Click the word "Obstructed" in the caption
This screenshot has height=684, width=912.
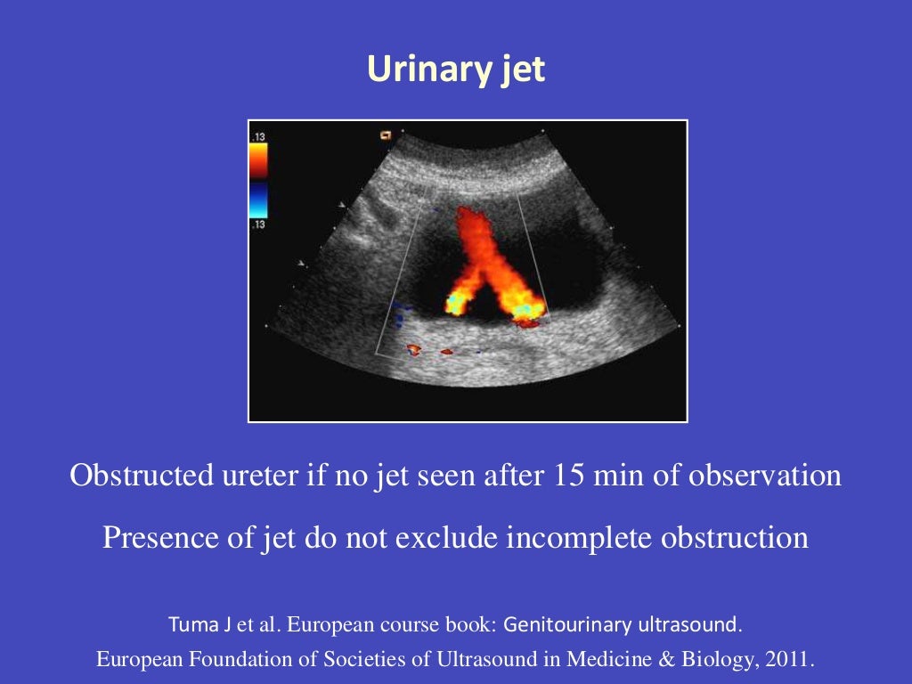[x=140, y=476]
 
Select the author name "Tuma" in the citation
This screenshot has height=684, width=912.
[x=189, y=625]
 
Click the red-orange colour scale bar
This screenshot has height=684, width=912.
[x=258, y=162]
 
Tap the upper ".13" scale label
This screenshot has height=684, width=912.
[x=258, y=137]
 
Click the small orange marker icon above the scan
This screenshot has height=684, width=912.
[x=386, y=135]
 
